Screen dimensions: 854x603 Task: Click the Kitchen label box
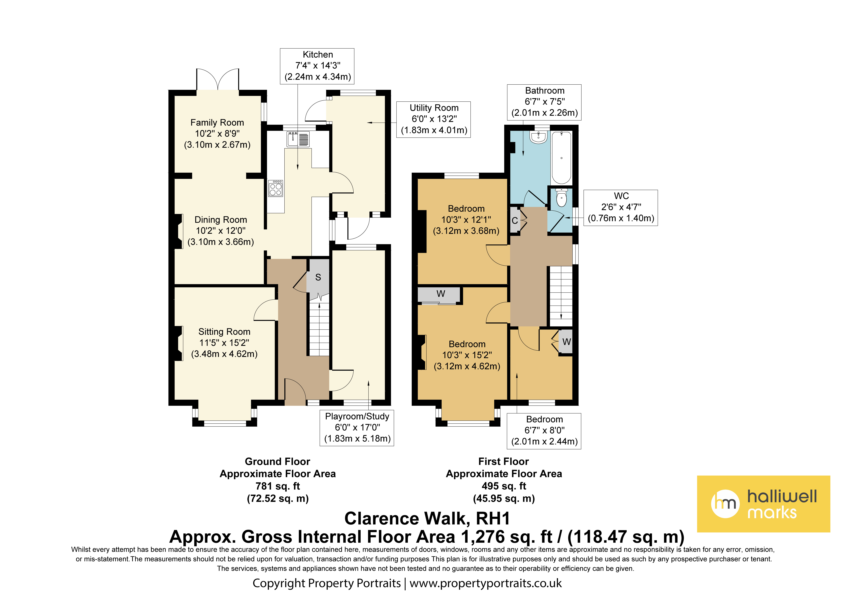point(317,66)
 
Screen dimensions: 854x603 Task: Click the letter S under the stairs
point(318,277)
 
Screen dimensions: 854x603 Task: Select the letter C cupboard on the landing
point(515,220)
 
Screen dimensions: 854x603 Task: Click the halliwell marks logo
point(763,504)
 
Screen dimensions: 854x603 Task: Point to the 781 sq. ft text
point(278,486)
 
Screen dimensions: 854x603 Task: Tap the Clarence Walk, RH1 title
point(427,518)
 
